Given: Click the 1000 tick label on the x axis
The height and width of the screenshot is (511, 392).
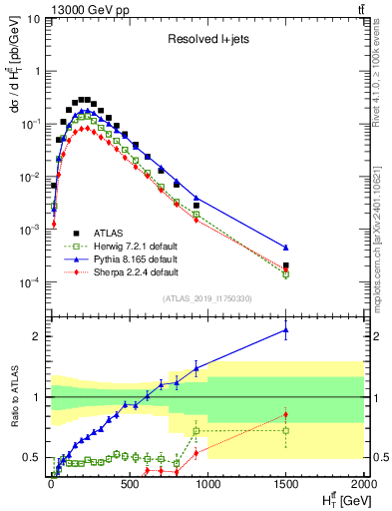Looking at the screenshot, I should pos(207,484).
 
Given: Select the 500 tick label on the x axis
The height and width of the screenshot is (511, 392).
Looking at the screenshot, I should pos(129,484).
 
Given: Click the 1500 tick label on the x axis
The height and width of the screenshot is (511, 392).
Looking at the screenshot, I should pos(285,484).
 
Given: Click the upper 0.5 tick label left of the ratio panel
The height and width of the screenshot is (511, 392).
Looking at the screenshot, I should pos(32,458).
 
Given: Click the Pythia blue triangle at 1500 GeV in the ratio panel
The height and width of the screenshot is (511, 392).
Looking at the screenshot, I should pos(285,329).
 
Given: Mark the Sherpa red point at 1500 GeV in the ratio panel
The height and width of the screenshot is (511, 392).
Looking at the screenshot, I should pos(285,414).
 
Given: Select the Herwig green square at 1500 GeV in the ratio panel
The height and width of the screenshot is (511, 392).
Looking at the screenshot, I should pos(285,431).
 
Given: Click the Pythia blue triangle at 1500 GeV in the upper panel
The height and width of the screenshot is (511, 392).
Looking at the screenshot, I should pos(285,247).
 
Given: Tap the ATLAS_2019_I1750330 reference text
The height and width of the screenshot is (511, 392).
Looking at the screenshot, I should pos(206,298).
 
